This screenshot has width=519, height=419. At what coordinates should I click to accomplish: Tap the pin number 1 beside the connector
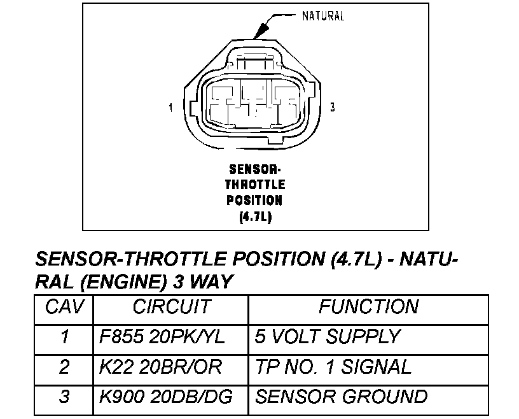coord(170,108)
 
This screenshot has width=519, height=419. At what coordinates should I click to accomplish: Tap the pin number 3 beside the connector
coord(333,108)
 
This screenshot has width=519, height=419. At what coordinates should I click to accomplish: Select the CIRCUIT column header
coord(170,307)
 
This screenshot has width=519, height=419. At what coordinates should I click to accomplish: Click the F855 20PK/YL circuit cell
coord(163,337)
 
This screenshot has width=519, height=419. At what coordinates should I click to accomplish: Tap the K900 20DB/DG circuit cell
coord(166,397)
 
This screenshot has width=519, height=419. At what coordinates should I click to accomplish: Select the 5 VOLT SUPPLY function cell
coord(328,337)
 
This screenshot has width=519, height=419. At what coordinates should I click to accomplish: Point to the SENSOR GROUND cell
coord(341,397)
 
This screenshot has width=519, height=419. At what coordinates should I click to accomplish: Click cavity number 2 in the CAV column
coord(64,367)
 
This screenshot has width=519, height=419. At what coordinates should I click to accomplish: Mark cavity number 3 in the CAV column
coord(64,397)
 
